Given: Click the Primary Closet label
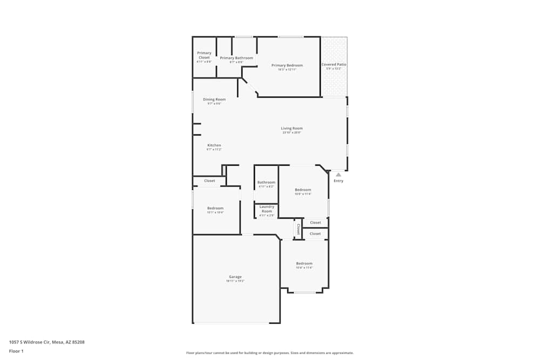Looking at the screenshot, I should click(204, 55).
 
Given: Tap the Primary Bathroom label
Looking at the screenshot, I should click(236, 58).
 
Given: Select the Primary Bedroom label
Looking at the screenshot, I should click(287, 65).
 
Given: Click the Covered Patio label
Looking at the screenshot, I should click(334, 64).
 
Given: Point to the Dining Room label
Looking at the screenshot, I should click(214, 99).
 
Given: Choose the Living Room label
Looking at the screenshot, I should click(292, 128).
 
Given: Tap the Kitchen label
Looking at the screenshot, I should click(214, 145).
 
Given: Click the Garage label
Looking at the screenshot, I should click(235, 277).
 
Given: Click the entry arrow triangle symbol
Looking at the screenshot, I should click(338, 174).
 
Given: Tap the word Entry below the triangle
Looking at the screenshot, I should click(338, 181).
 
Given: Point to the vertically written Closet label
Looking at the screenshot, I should click(298, 229).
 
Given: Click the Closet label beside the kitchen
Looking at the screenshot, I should click(210, 181).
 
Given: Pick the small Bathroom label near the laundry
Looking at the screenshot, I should click(266, 182).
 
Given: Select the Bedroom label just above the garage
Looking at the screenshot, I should click(215, 208).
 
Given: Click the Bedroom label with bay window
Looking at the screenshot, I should click(304, 263).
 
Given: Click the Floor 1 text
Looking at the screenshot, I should click(16, 351).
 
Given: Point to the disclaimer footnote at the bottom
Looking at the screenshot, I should click(269, 353).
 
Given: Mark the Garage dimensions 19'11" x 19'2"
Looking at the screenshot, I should click(235, 281).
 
